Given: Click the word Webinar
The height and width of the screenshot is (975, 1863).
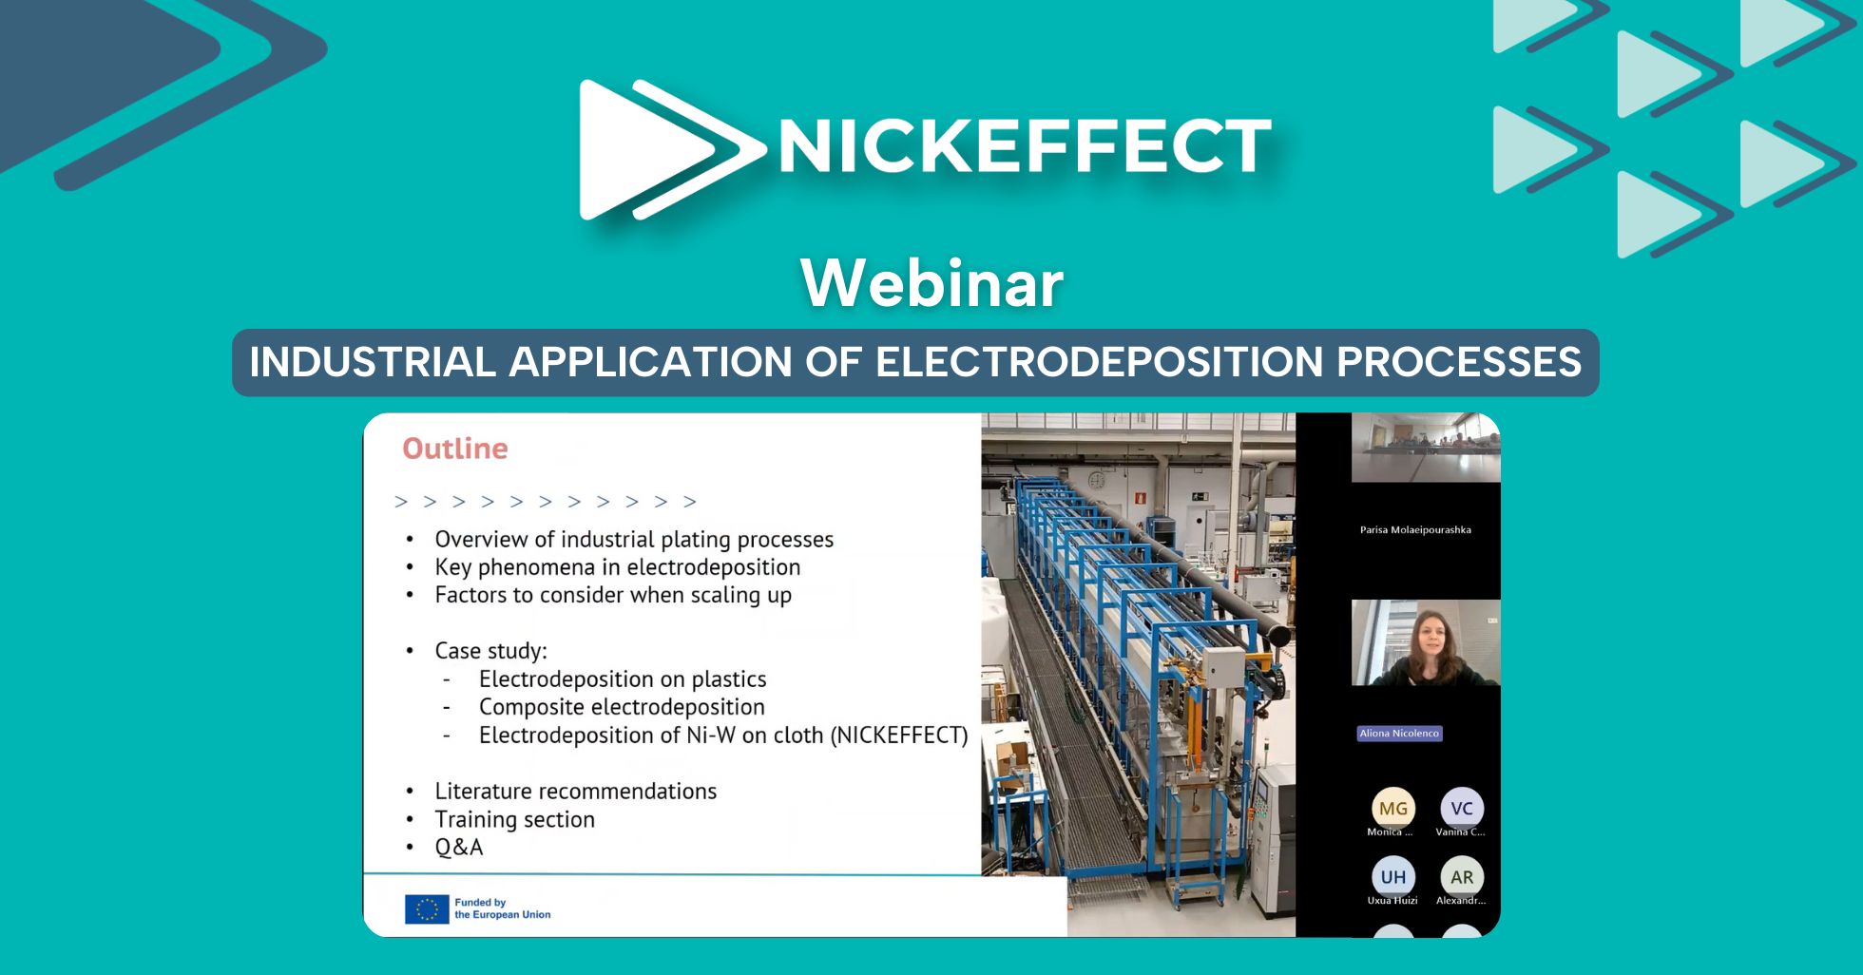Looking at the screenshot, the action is point(931,283).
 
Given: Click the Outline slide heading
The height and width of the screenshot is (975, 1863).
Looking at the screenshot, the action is point(455,449).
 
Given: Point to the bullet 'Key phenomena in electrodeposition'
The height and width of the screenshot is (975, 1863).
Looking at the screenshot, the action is point(618,567).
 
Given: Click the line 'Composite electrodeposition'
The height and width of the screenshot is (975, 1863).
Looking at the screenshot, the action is point(622,707).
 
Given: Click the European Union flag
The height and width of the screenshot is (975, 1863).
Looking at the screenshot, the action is point(427,909).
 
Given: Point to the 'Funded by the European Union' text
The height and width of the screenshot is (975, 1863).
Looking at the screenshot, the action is point(503,908).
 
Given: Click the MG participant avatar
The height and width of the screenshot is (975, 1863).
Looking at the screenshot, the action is point(1393,808).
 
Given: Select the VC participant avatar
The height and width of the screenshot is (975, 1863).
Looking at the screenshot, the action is point(1462,808).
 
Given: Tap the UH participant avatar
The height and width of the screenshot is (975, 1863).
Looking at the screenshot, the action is point(1393,876).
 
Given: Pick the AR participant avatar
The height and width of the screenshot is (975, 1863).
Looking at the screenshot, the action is point(1462,876).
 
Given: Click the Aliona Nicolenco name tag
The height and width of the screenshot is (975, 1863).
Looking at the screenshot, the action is point(1399,734).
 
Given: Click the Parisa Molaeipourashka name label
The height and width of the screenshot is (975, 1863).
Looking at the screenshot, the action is point(1415,530).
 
